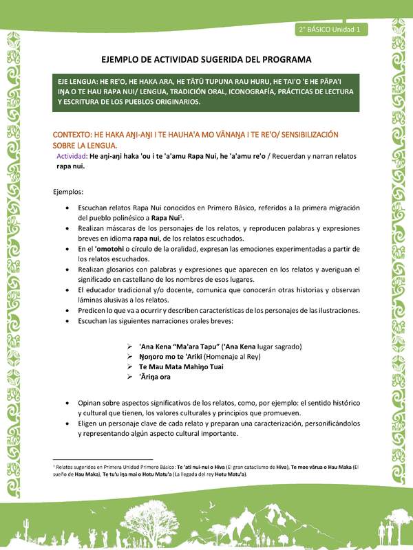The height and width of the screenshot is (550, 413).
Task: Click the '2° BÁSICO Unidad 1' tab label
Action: (x=332, y=30)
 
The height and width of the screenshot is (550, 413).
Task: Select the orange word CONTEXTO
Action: (x=74, y=133)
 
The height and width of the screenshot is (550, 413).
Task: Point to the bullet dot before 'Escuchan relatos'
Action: (x=66, y=208)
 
